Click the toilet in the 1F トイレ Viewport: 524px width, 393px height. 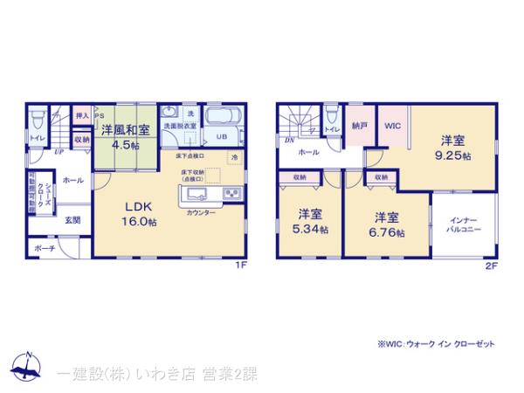click(x=38, y=120)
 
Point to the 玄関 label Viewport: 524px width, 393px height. click(x=72, y=220)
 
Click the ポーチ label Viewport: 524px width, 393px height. click(x=46, y=249)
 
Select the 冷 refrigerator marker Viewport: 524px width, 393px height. click(x=234, y=157)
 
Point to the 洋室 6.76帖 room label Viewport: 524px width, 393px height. click(x=389, y=224)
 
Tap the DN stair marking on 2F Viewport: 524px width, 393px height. click(x=289, y=140)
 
